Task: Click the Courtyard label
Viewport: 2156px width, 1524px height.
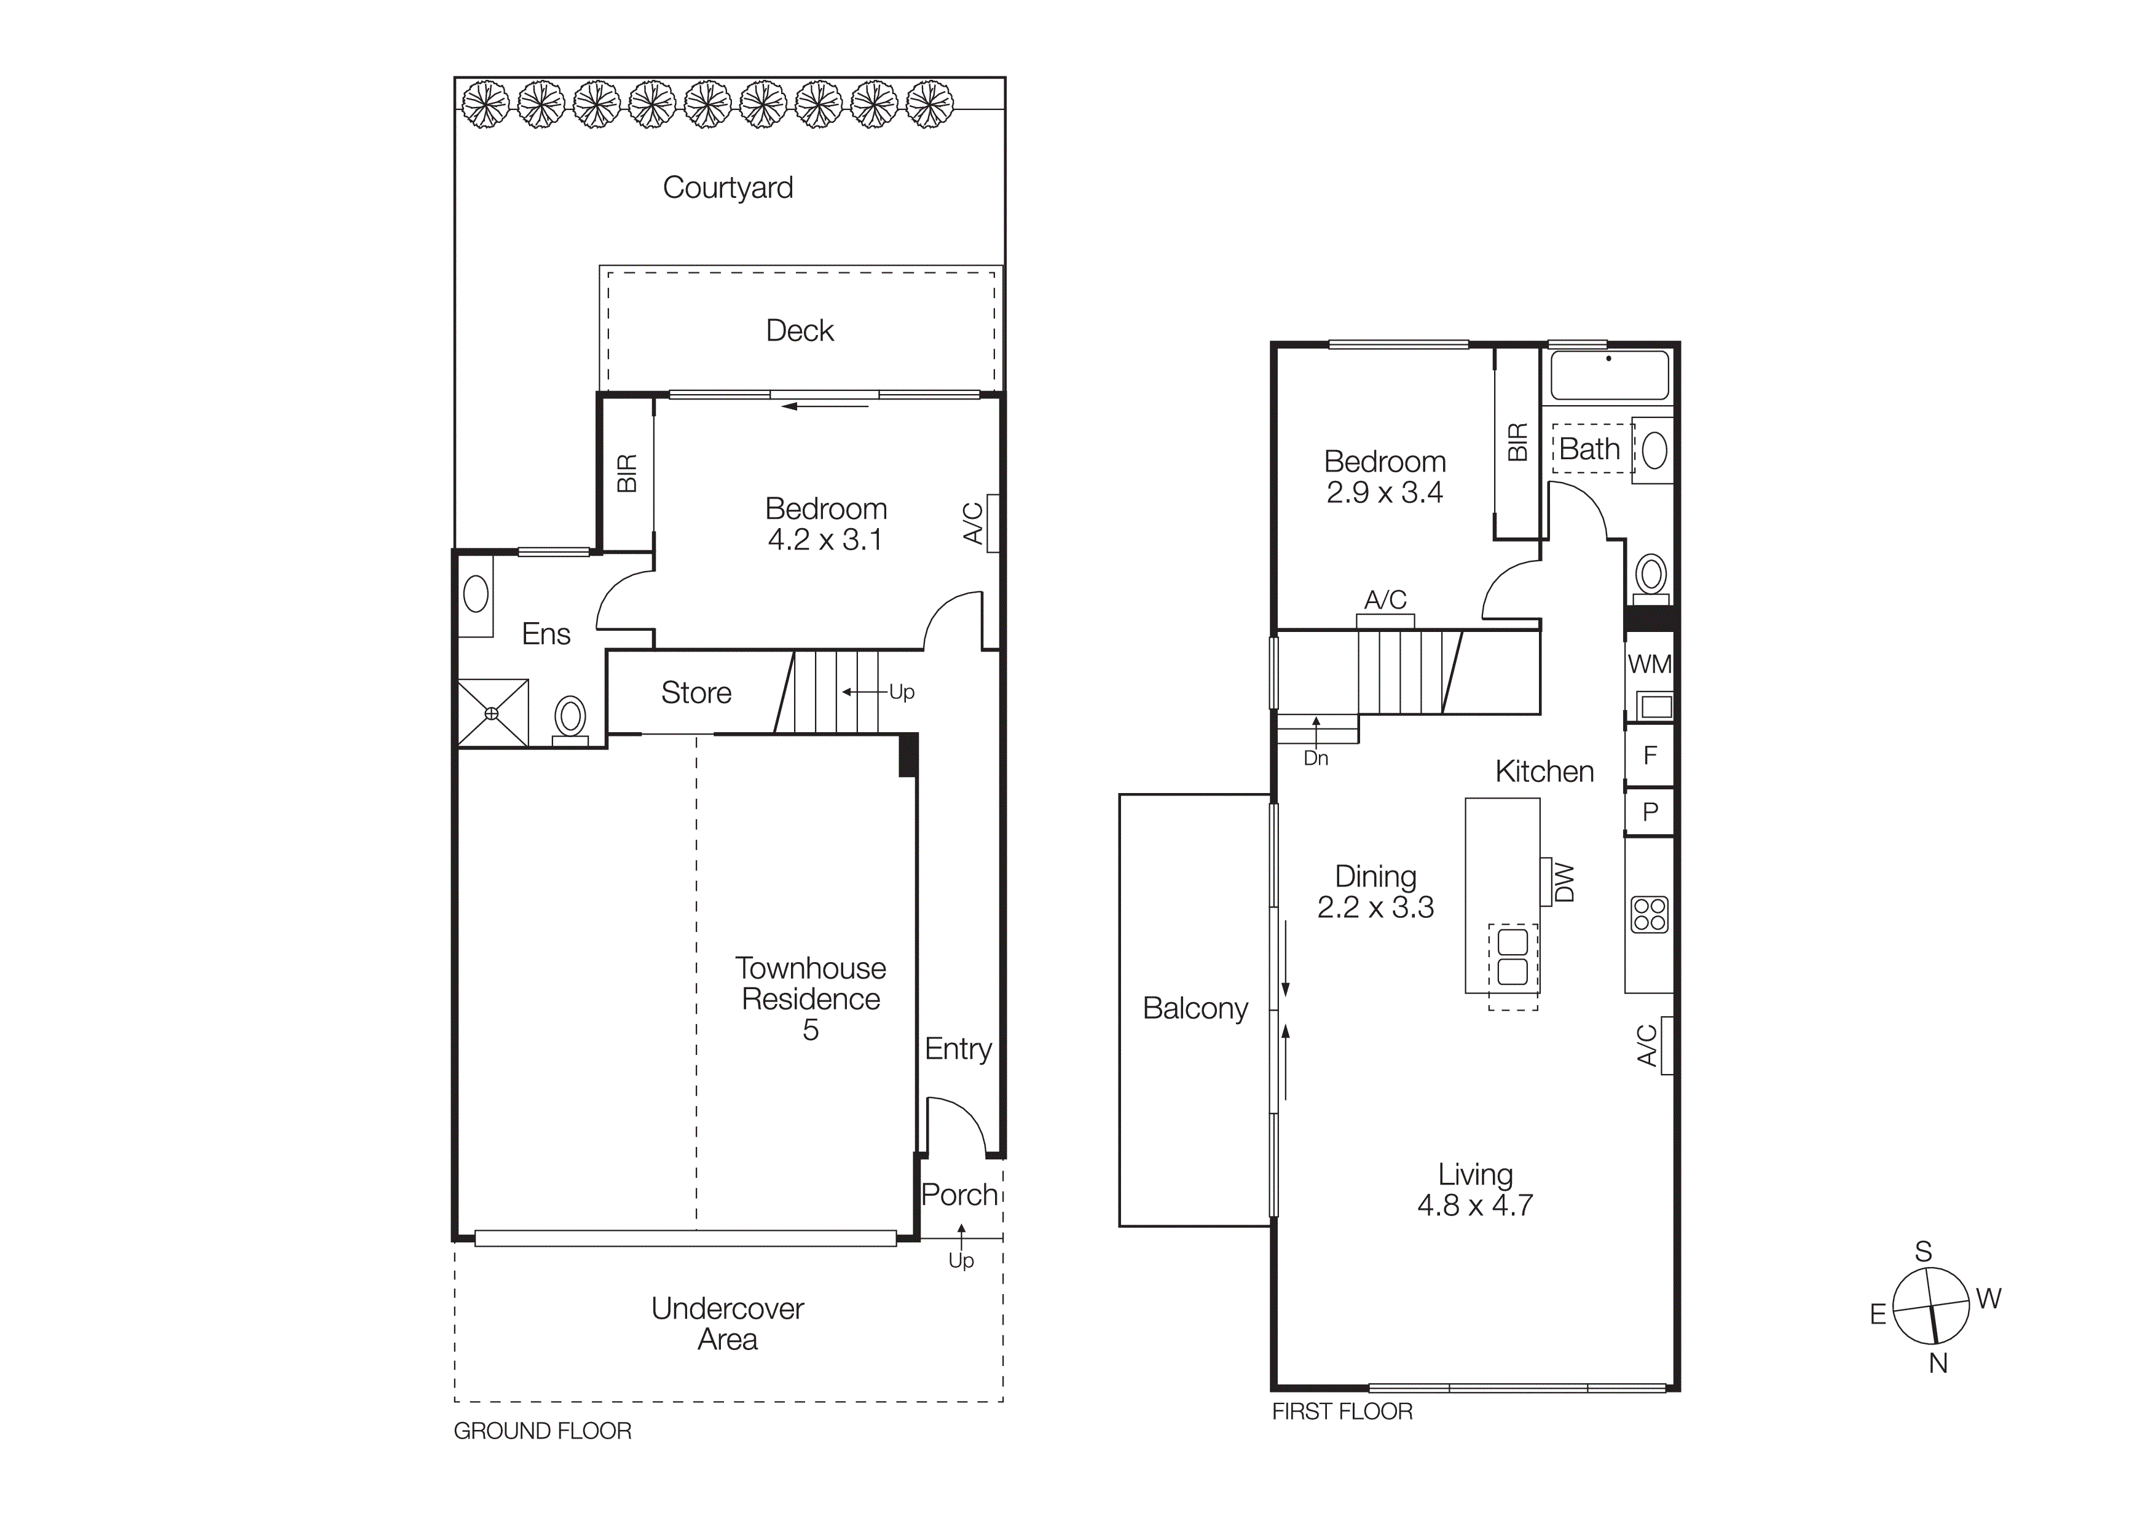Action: (x=728, y=188)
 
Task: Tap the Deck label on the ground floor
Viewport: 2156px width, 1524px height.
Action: (x=799, y=331)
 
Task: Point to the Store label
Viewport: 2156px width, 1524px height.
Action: (x=696, y=693)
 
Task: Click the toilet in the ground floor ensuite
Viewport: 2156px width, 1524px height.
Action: (x=570, y=718)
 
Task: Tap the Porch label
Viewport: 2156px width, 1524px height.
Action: (x=959, y=1194)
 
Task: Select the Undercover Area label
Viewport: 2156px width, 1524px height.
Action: (x=728, y=1324)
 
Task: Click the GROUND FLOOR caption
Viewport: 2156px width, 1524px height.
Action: (x=542, y=1431)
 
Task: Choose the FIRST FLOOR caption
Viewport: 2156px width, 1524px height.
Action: (x=1342, y=1411)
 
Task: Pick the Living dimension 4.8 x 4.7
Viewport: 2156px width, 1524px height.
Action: (x=1475, y=1205)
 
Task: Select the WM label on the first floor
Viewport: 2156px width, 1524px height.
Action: (x=1650, y=665)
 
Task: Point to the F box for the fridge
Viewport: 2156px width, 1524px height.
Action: (x=1650, y=755)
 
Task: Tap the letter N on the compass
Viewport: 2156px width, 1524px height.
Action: (x=1938, y=1364)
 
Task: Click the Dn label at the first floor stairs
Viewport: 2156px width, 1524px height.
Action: (x=1316, y=758)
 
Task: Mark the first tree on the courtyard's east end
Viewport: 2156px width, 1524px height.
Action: (x=486, y=105)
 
